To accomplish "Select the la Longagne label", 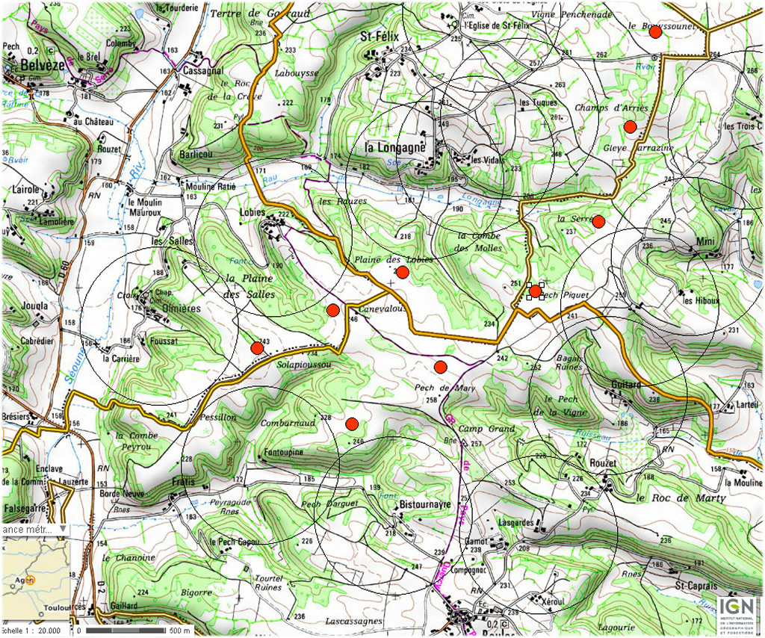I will tap(395, 147).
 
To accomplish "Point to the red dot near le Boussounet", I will tap(655, 32).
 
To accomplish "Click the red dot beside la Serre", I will tap(598, 220).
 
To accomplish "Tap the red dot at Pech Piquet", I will tap(535, 291).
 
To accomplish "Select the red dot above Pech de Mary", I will tap(440, 367).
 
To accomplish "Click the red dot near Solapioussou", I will tap(257, 348).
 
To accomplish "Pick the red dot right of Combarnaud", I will tap(352, 424).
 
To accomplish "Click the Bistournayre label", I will tap(426, 505).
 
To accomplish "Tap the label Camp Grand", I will tap(486, 430).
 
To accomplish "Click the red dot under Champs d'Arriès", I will tap(630, 126).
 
